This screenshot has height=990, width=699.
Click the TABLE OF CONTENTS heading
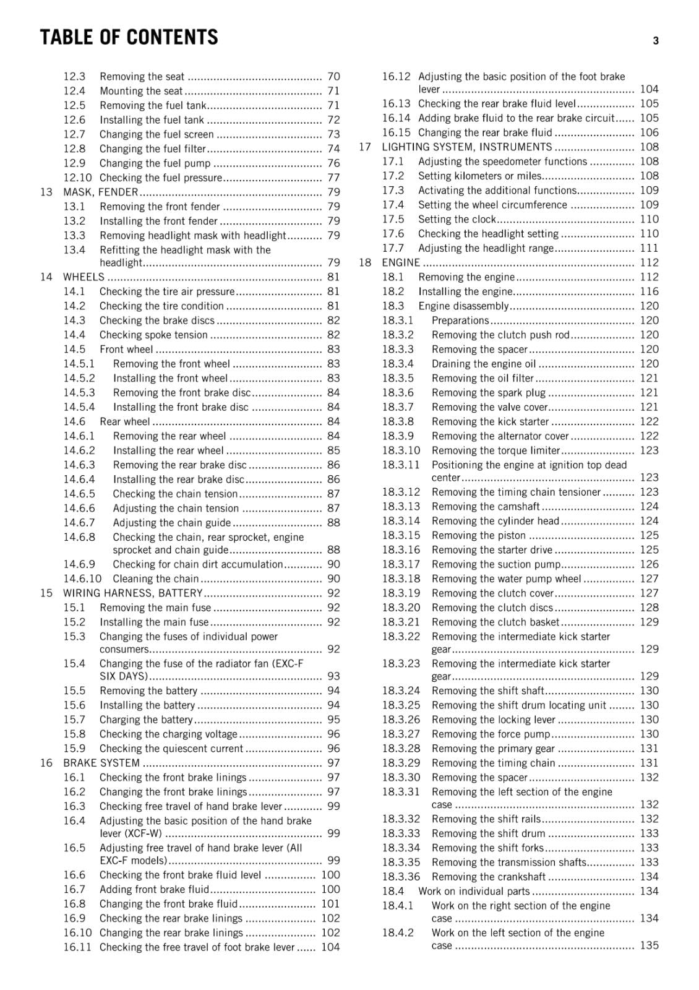(129, 38)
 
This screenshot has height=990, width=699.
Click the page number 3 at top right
(656, 41)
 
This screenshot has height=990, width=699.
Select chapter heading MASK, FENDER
(100, 192)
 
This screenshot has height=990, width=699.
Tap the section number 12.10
(77, 178)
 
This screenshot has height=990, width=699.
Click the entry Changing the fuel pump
(155, 163)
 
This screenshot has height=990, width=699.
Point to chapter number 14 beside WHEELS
(46, 277)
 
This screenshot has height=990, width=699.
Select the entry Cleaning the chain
(156, 579)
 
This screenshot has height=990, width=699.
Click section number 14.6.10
(82, 579)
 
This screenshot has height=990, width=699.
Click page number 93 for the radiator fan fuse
(333, 676)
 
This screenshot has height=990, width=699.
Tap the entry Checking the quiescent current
(171, 748)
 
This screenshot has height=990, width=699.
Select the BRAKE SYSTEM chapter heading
(101, 763)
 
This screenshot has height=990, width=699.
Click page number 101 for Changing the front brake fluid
(330, 903)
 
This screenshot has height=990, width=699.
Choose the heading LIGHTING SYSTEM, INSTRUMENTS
(466, 147)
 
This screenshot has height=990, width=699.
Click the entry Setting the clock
(457, 219)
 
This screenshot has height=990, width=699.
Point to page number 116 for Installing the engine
(650, 291)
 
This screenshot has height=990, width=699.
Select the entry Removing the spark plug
(489, 392)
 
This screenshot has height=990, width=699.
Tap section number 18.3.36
(401, 877)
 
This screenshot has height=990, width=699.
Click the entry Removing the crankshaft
(489, 877)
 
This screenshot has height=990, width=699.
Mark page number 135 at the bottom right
(650, 945)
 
